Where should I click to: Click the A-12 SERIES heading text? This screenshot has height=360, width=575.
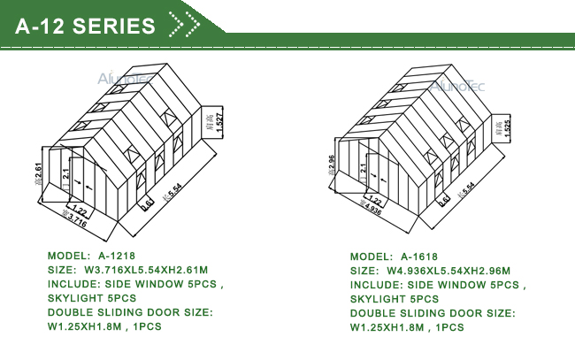(85, 26)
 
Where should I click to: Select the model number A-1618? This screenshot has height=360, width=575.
(419, 256)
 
